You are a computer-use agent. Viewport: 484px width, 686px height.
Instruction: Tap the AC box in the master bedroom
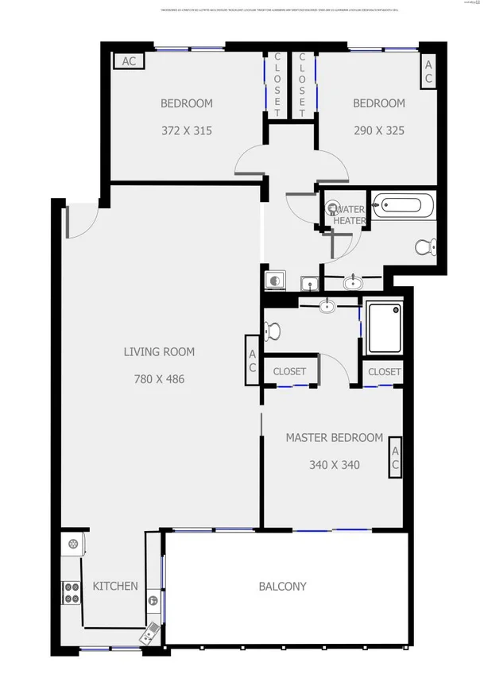click(394, 461)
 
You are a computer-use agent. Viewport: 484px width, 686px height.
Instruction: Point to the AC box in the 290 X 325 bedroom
click(428, 72)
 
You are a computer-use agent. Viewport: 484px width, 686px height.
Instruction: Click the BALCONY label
click(282, 587)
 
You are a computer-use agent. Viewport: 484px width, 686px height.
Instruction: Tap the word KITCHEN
click(115, 586)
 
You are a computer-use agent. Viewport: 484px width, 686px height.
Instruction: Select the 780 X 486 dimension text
click(159, 379)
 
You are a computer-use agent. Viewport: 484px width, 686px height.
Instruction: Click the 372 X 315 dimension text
click(186, 130)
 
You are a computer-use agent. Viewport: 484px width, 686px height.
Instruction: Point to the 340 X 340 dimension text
click(334, 464)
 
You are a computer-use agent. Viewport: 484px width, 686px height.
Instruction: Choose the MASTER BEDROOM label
click(334, 437)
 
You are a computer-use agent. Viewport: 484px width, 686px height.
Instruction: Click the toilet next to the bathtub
click(425, 247)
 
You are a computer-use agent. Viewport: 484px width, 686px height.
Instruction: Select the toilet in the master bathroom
click(271, 330)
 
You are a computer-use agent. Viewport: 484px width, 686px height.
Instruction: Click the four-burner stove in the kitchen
click(72, 592)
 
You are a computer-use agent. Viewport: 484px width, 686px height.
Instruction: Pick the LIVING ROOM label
click(159, 351)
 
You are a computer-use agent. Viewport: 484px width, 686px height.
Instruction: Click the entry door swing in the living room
click(82, 219)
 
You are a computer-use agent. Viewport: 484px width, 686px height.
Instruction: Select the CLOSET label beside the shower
click(385, 371)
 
